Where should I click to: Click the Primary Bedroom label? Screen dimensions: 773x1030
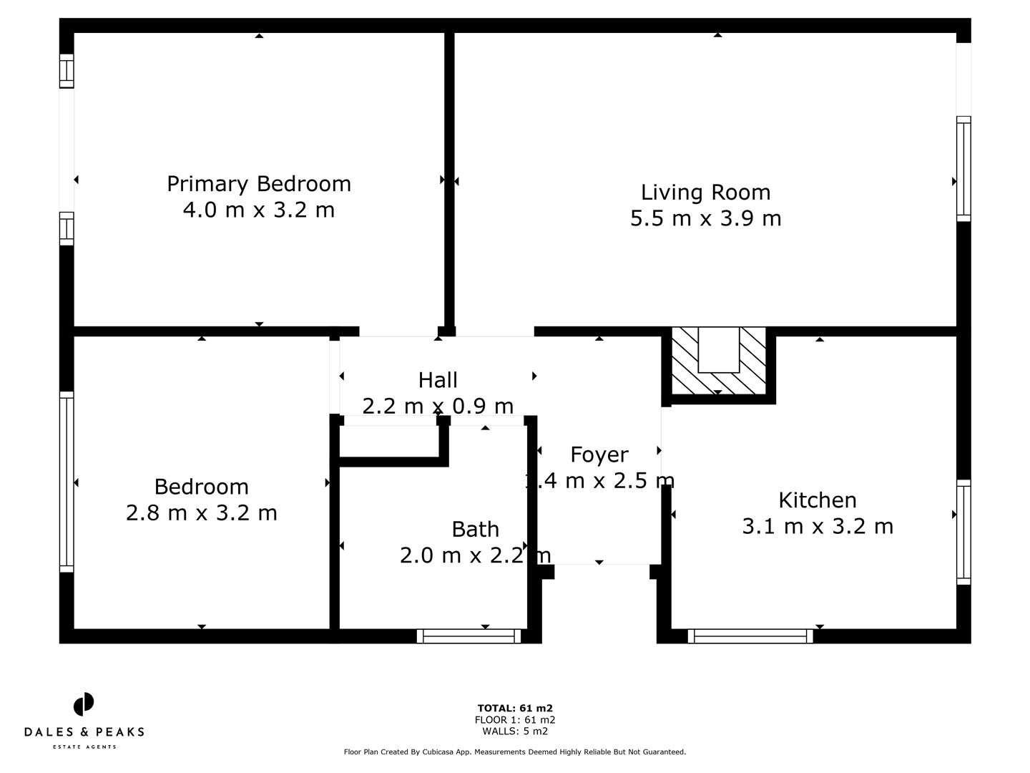[258, 184]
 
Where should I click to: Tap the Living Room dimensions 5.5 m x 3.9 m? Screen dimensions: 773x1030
[705, 218]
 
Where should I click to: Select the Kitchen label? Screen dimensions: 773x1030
[817, 500]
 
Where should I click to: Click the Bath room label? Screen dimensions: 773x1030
[475, 530]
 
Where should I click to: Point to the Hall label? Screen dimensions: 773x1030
[438, 380]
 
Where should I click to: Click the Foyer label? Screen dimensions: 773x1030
[599, 455]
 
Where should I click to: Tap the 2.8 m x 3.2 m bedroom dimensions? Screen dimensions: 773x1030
[201, 513]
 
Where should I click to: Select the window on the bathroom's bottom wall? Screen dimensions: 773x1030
[469, 636]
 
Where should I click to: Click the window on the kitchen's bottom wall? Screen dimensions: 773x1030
[750, 636]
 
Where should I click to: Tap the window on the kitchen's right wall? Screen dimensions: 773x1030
[963, 532]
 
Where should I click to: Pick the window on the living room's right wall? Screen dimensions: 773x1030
[963, 168]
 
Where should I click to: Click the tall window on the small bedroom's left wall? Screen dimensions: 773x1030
[67, 482]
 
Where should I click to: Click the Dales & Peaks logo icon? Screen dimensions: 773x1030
[84, 704]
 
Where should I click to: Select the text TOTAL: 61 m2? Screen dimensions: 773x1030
[515, 709]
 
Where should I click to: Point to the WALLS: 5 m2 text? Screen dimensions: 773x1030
[515, 731]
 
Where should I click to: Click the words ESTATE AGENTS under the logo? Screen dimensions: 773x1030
[84, 747]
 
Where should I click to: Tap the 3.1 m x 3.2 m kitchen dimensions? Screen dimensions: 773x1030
[817, 527]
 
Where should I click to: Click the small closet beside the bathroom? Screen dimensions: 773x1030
[388, 441]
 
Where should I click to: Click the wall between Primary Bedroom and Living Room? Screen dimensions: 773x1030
[449, 179]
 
